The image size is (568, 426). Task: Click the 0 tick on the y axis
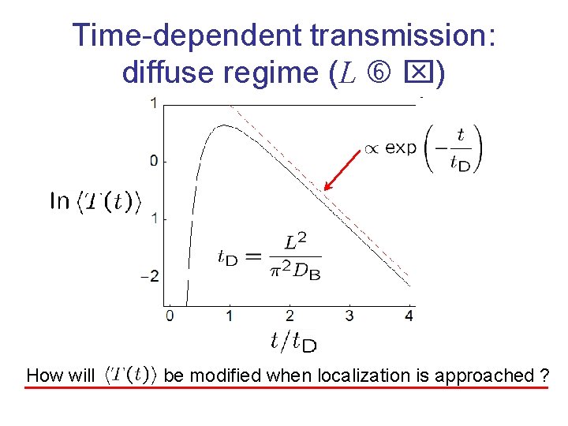click(x=154, y=161)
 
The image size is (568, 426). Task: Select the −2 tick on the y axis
click(x=150, y=275)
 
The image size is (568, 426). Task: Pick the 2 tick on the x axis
click(x=290, y=316)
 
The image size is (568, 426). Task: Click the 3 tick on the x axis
click(x=349, y=316)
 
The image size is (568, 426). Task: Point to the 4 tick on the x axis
click(x=409, y=316)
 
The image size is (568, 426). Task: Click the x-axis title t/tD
click(x=293, y=341)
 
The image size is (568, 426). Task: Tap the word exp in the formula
click(x=400, y=148)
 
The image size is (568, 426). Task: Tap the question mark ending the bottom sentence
click(x=544, y=376)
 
